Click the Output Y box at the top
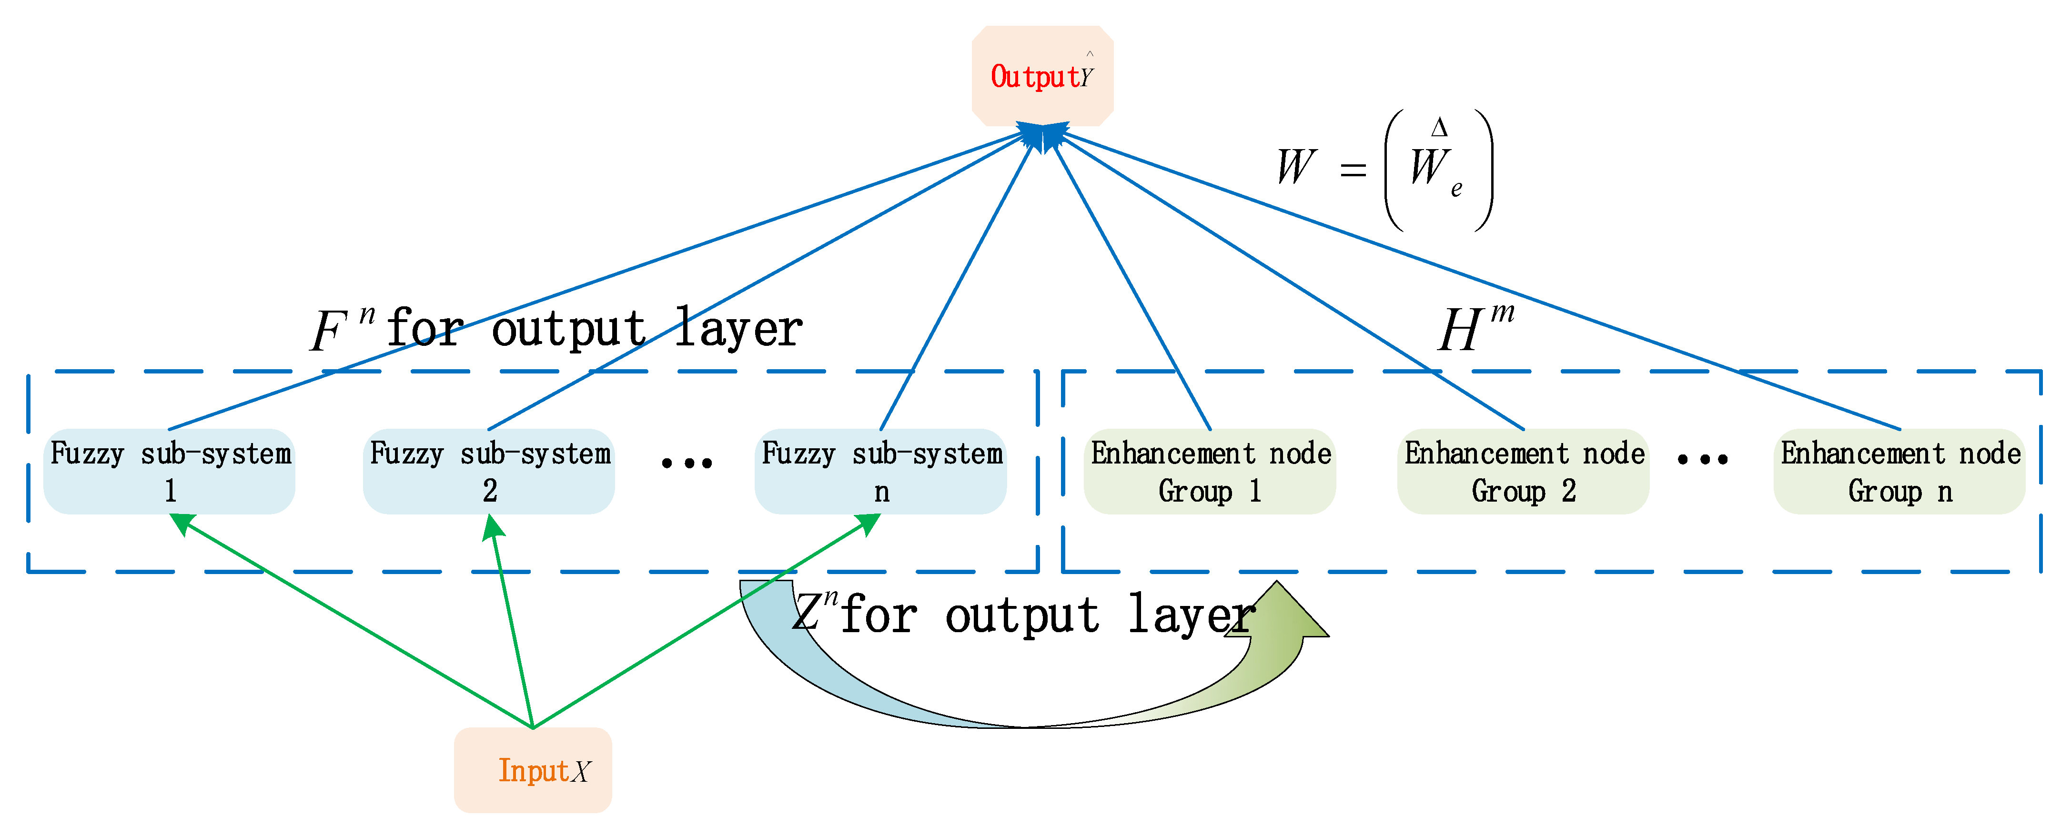[x=1042, y=76]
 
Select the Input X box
[x=533, y=769]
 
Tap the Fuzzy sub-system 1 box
[x=170, y=471]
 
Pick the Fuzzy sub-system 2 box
[x=489, y=471]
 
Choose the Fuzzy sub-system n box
[x=880, y=471]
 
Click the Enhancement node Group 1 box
[x=1210, y=471]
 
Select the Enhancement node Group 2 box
[x=1524, y=471]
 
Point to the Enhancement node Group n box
[x=1900, y=471]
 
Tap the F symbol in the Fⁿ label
[x=327, y=331]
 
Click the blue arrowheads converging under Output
[x=1042, y=135]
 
